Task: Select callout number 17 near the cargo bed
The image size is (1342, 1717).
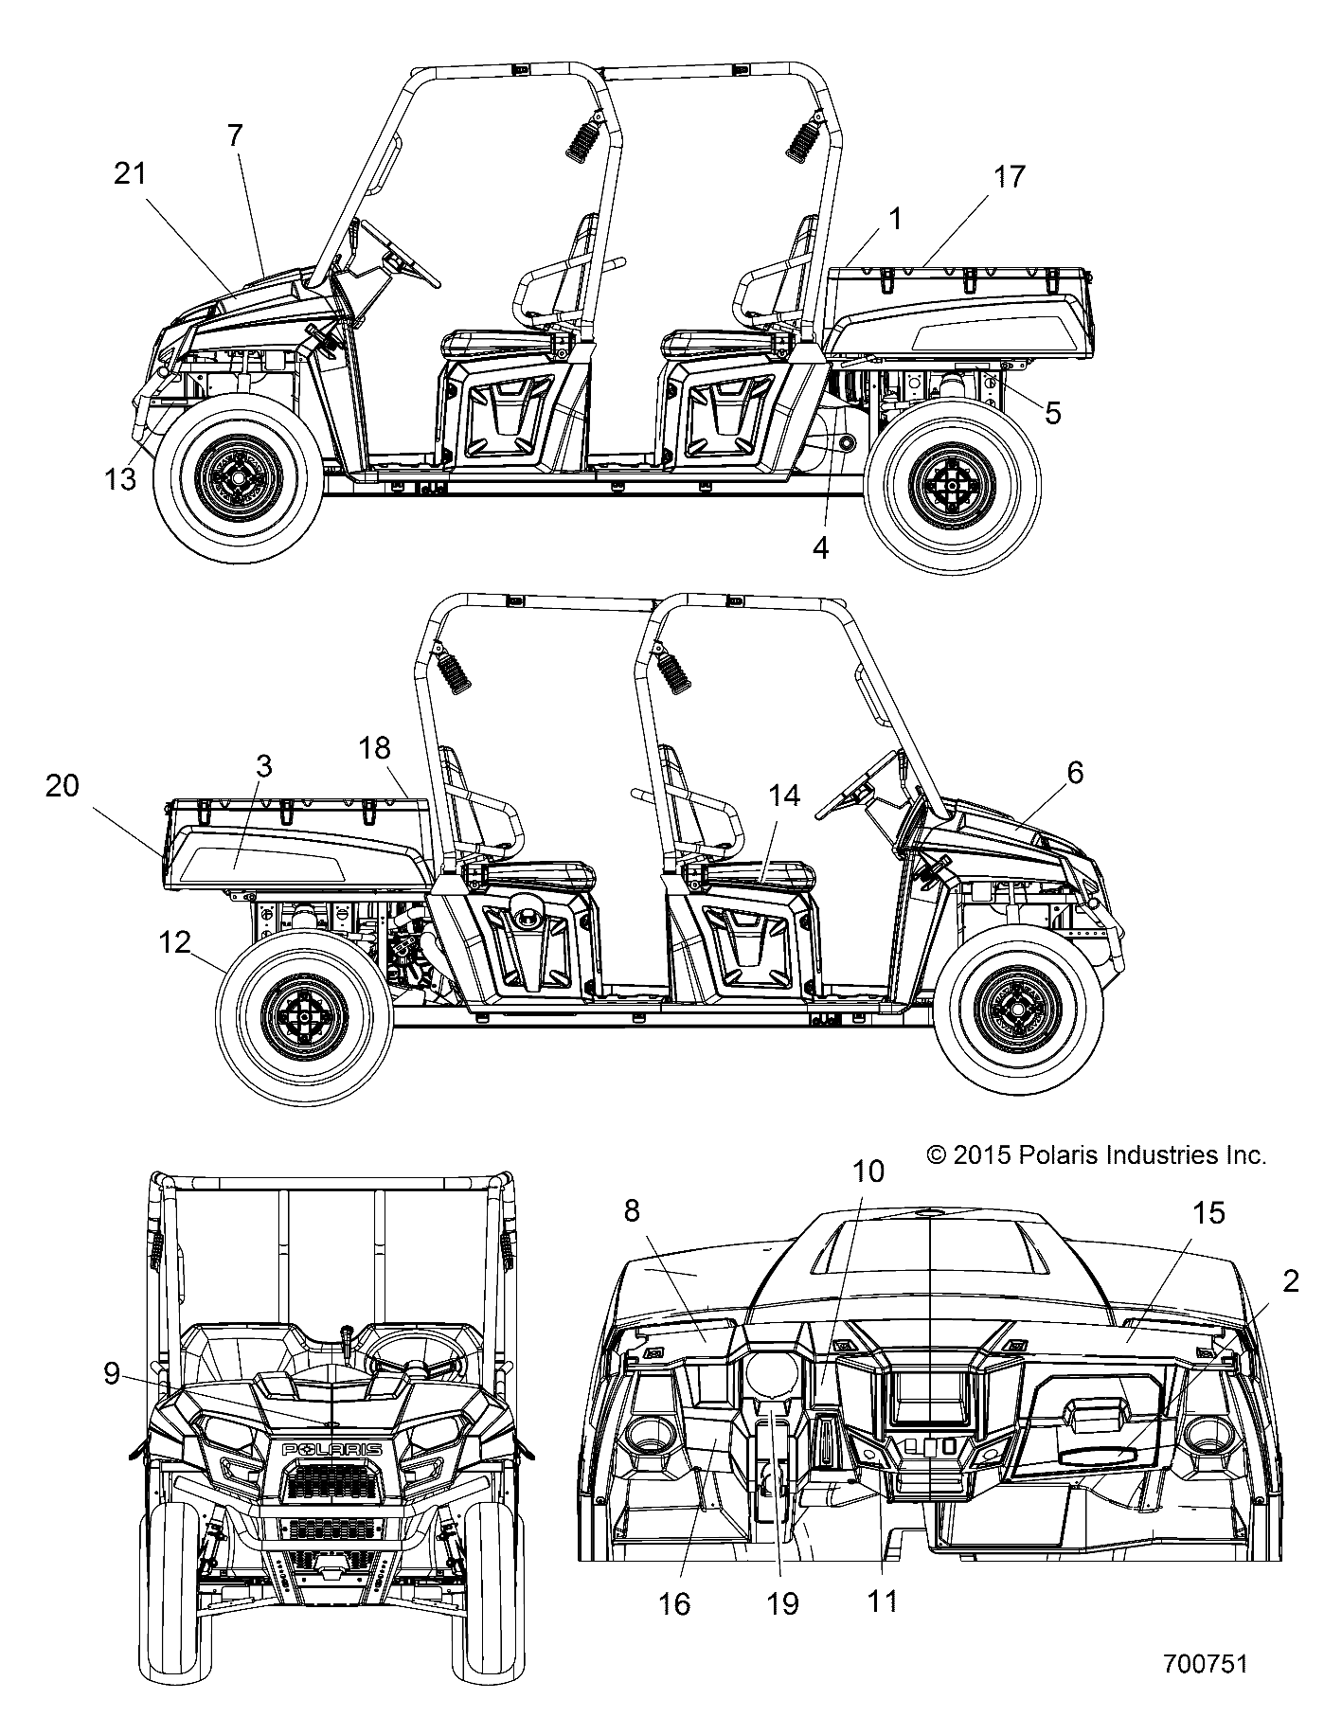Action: point(1010,176)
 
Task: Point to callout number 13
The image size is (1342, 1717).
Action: point(120,479)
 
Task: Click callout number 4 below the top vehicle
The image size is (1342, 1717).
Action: point(820,547)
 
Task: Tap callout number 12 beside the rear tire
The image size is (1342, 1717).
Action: point(175,942)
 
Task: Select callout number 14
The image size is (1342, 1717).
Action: point(784,796)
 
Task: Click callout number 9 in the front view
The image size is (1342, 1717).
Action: point(112,1372)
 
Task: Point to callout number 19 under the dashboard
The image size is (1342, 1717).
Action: point(783,1603)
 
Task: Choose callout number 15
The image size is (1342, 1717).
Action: point(1208,1212)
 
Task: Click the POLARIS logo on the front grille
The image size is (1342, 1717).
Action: point(331,1450)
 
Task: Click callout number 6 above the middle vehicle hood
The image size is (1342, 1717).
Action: point(1074,772)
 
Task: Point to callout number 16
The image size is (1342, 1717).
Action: point(674,1603)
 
